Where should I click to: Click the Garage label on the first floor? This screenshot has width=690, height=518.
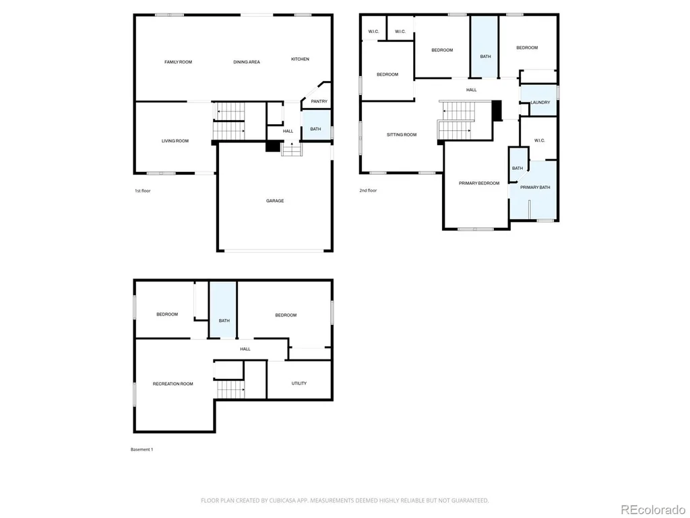[x=275, y=201]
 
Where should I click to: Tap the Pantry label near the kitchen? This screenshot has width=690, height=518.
[x=319, y=101]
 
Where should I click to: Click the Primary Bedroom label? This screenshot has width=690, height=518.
[x=479, y=183]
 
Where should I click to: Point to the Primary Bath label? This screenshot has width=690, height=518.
[x=535, y=188]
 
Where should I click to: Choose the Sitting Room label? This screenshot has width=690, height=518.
[x=402, y=135]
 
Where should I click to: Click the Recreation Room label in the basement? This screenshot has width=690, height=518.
[x=173, y=384]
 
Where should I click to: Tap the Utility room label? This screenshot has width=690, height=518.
[x=299, y=383]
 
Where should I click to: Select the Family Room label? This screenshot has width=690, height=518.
[x=178, y=62]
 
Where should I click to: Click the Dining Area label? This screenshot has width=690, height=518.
[x=247, y=62]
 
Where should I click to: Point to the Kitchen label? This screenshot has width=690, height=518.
[x=300, y=59]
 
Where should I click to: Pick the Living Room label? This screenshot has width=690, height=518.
[x=175, y=141]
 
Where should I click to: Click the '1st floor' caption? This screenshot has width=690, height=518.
[x=143, y=191]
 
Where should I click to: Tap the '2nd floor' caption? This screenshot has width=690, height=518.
[x=369, y=190]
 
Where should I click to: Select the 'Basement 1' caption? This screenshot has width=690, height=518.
[x=142, y=449]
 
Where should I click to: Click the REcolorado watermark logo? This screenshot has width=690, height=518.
[x=653, y=510]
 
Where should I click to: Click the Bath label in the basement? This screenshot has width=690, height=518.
[x=224, y=320]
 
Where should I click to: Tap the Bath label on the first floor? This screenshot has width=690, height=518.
[x=315, y=129]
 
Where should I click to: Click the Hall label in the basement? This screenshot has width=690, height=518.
[x=245, y=349]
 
